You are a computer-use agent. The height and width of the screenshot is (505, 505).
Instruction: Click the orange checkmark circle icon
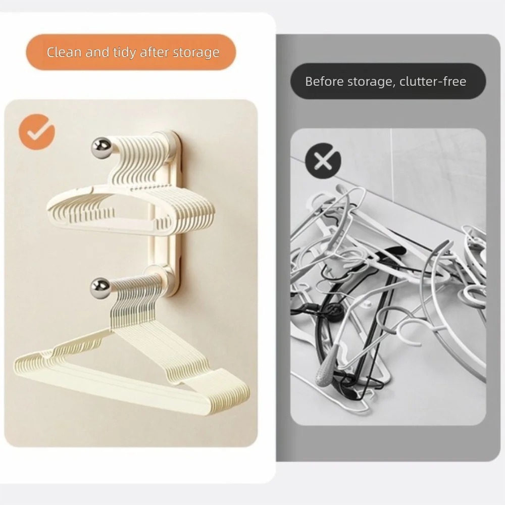tap(37, 132)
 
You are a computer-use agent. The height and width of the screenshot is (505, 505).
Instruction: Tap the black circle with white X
tap(323, 161)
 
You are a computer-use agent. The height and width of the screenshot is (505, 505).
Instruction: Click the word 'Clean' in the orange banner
tap(65, 52)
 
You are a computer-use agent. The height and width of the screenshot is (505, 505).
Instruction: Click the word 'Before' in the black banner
tap(324, 81)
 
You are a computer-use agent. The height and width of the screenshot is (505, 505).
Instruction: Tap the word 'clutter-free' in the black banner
tap(433, 81)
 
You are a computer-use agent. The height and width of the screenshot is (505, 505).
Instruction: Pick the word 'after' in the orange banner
tap(154, 52)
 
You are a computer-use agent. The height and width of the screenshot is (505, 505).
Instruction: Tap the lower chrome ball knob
tap(100, 288)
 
